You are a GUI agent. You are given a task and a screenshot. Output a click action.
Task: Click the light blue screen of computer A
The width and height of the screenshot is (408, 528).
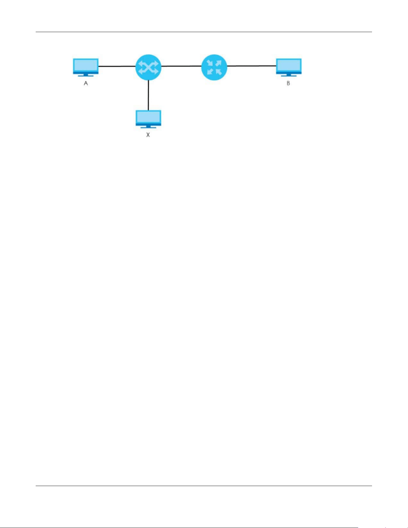(x=86, y=65)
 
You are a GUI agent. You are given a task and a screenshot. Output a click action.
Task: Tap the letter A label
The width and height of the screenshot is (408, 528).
(x=86, y=83)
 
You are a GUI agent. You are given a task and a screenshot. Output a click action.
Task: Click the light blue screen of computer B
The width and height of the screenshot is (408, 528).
(x=289, y=65)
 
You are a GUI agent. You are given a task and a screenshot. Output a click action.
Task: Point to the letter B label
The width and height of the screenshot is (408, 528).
(x=288, y=83)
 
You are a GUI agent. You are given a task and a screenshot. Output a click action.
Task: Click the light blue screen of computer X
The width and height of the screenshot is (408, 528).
(x=148, y=117)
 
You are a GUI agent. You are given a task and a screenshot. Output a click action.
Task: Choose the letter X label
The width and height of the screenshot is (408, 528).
(x=148, y=135)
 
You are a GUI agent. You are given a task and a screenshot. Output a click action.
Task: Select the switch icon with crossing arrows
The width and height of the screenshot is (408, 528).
(x=148, y=67)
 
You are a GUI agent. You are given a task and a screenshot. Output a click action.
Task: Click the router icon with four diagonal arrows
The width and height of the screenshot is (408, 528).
(x=214, y=67)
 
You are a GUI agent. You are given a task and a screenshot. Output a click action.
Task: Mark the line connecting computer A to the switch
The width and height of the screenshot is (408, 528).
(x=117, y=66)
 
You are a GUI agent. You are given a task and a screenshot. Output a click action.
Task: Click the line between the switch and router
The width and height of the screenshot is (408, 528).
(x=181, y=66)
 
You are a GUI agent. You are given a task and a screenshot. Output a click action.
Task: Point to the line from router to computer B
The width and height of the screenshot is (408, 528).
(x=252, y=66)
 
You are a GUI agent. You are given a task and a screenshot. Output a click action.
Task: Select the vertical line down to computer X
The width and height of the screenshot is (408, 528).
(x=148, y=95)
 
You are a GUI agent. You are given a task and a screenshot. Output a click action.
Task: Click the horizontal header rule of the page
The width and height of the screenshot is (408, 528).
(x=204, y=32)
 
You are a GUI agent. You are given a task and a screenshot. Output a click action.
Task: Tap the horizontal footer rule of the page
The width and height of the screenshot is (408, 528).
(x=204, y=486)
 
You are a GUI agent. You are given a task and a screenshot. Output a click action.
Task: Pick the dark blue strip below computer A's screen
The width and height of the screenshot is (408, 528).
(x=86, y=72)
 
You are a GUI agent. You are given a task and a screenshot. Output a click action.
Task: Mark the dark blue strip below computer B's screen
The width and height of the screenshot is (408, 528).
(x=289, y=72)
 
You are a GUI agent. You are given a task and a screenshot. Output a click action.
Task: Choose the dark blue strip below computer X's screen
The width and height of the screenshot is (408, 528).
(x=148, y=124)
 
